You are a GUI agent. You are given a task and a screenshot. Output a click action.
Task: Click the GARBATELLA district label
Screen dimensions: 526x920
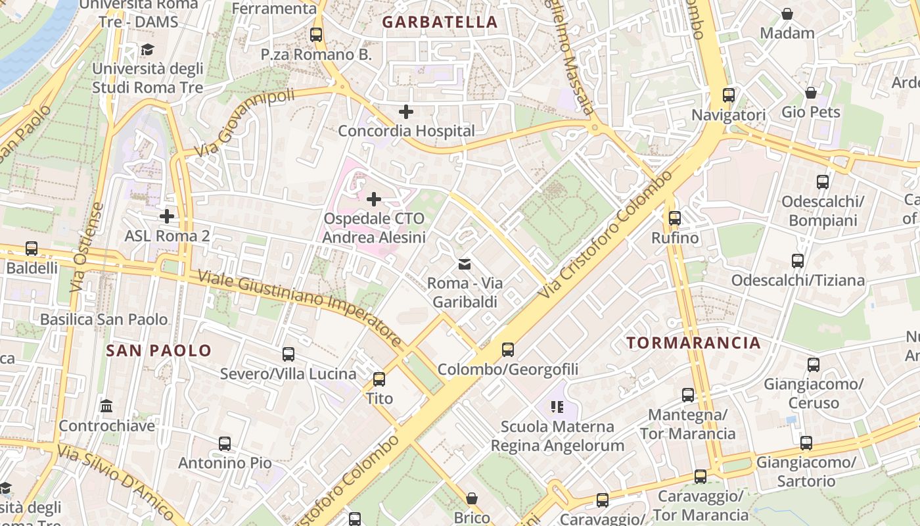(440, 22)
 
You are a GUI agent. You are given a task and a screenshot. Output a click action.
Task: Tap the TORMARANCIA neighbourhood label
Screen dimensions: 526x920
(693, 343)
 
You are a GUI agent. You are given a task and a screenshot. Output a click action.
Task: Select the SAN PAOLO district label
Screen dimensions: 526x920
(159, 350)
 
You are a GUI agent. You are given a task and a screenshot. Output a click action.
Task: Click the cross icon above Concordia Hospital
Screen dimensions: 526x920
(406, 112)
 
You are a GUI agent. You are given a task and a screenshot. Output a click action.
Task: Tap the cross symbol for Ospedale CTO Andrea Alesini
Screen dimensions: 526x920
(374, 199)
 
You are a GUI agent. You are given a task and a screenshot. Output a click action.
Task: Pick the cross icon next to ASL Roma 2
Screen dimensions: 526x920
(167, 216)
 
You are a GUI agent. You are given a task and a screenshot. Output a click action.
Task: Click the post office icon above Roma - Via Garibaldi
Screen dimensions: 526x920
(465, 264)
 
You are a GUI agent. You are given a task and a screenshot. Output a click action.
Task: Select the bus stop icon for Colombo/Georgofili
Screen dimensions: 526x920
(508, 350)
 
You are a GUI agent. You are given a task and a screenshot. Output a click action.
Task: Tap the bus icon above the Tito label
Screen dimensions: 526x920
(379, 379)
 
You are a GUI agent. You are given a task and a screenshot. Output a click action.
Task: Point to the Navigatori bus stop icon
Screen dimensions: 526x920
(729, 95)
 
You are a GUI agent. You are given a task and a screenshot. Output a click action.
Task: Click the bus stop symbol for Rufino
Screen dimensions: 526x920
(675, 218)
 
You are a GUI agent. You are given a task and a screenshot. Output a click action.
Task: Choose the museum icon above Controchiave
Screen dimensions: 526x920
(106, 406)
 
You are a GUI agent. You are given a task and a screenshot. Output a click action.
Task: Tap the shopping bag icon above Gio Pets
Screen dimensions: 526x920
(811, 93)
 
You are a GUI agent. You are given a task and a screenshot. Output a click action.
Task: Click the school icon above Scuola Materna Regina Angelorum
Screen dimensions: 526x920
(557, 407)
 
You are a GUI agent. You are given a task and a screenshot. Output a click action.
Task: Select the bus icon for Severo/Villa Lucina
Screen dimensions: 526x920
(288, 354)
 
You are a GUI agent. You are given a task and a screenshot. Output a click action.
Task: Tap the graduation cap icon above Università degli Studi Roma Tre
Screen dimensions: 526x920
(147, 50)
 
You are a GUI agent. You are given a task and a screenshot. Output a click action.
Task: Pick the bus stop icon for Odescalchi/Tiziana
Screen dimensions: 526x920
(798, 261)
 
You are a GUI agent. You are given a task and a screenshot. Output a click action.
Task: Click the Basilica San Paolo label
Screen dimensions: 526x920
(104, 320)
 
